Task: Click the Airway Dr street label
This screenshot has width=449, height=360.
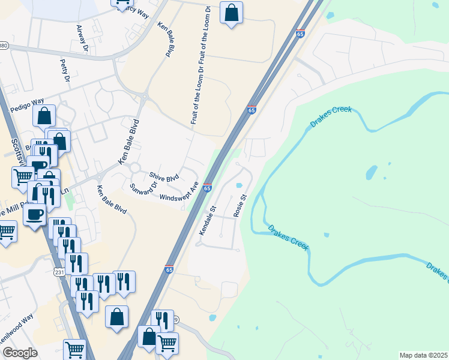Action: pos(83,38)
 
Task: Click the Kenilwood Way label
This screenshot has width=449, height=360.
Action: pos(16,345)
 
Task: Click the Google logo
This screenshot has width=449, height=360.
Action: pos(20,353)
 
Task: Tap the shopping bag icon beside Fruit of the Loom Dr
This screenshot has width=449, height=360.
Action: pos(231,13)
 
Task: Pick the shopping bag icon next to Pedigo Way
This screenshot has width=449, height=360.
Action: pos(44,116)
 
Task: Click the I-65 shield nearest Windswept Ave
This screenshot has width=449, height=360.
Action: pos(207,188)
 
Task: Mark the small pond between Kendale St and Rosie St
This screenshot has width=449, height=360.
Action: pos(240,185)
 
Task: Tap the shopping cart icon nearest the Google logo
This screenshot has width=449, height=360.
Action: pos(74,349)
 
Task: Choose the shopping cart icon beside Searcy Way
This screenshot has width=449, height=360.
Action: pos(122,2)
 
